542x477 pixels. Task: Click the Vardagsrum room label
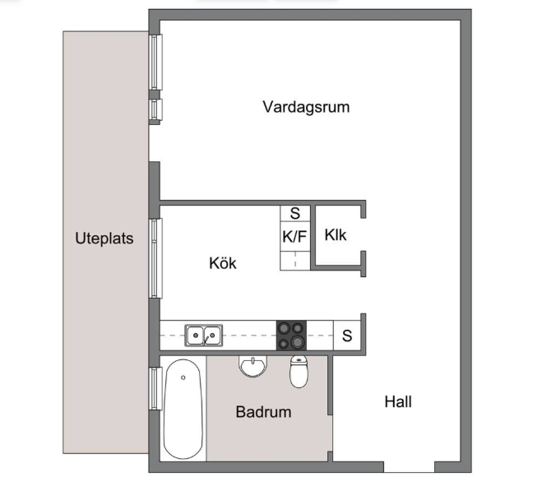click(306, 107)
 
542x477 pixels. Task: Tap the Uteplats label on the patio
click(104, 238)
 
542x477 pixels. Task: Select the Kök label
click(223, 263)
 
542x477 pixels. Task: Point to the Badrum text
click(263, 412)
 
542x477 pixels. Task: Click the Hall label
click(398, 401)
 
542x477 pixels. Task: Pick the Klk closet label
click(336, 235)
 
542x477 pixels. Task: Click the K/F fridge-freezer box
click(294, 236)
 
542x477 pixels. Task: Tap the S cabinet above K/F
click(294, 213)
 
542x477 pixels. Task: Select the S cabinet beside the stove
click(347, 336)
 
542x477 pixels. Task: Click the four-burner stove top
click(291, 336)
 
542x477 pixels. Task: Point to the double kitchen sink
click(204, 336)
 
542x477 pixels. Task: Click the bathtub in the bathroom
click(183, 409)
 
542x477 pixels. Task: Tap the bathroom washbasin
click(253, 366)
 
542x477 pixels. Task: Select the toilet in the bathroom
click(299, 372)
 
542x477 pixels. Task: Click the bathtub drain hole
click(183, 377)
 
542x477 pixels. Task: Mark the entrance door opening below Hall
click(409, 467)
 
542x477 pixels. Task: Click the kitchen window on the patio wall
click(155, 258)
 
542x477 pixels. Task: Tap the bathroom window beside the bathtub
click(155, 389)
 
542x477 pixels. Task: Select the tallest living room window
click(155, 63)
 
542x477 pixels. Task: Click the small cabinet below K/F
click(294, 261)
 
